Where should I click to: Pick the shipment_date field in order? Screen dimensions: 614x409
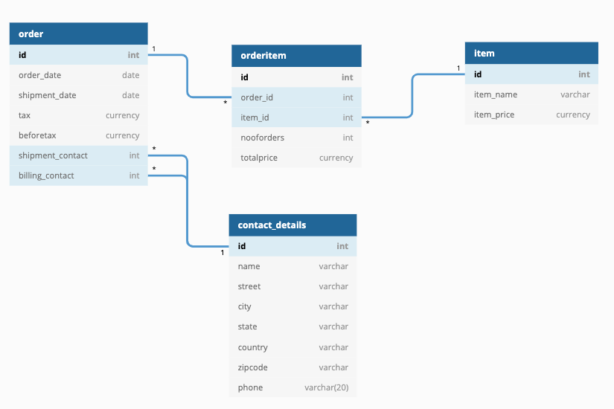tap(47, 95)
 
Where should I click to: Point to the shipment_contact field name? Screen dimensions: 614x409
tap(53, 155)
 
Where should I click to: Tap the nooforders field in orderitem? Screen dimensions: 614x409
tap(262, 138)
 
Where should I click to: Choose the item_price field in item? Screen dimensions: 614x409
tap(494, 115)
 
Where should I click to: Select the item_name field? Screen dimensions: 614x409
tap(496, 94)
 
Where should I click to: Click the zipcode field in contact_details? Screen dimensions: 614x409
tap(252, 367)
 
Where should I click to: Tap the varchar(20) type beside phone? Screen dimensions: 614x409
tap(326, 387)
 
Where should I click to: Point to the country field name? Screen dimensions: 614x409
tap(253, 347)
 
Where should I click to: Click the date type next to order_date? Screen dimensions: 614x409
tap(130, 75)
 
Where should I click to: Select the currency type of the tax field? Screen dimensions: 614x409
tap(122, 115)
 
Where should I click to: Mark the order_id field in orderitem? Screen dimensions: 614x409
tap(257, 97)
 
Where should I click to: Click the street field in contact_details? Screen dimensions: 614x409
tap(249, 286)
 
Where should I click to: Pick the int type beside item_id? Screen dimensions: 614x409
tap(348, 117)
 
